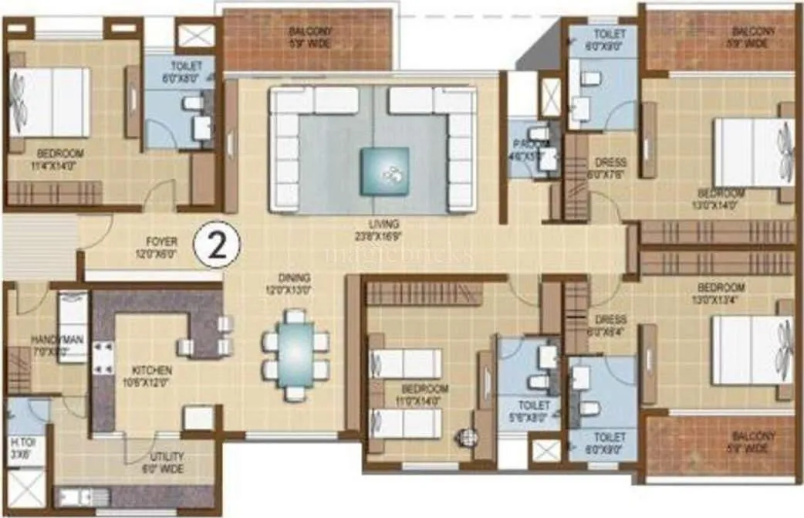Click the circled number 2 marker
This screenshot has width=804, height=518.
pyautogui.click(x=218, y=245)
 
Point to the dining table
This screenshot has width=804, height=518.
pyautogui.click(x=295, y=354)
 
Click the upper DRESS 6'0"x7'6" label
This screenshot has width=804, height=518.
pyautogui.click(x=610, y=168)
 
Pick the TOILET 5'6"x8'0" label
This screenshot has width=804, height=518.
pyautogui.click(x=534, y=410)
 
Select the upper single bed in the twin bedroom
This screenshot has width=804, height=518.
pyautogui.click(x=405, y=364)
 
